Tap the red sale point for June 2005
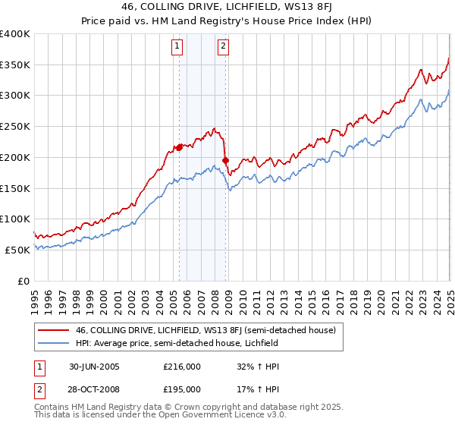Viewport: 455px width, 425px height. click(180, 147)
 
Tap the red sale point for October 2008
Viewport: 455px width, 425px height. click(226, 160)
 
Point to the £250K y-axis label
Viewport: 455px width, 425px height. click(15, 127)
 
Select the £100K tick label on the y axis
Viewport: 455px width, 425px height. click(15, 219)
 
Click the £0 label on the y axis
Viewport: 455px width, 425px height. click(24, 281)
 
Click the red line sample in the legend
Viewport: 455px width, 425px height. click(52, 329)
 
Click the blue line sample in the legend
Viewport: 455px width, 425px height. click(52, 343)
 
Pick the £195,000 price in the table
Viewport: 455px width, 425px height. click(182, 389)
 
